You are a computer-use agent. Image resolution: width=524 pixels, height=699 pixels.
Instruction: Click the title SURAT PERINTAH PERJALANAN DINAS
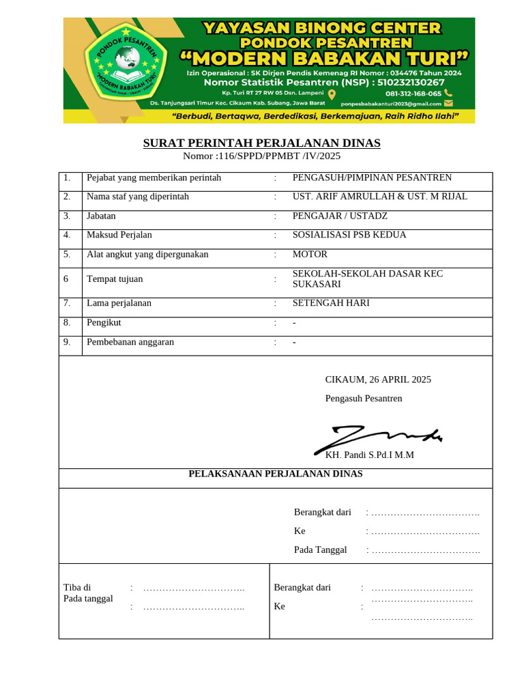pyautogui.click(x=261, y=143)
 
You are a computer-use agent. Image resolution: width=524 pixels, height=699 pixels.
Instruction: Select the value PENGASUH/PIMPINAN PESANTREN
pyautogui.click(x=372, y=178)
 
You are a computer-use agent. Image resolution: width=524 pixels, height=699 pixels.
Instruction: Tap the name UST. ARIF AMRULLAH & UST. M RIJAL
pyautogui.click(x=380, y=197)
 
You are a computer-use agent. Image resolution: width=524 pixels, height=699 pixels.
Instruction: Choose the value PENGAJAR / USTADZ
pyautogui.click(x=340, y=216)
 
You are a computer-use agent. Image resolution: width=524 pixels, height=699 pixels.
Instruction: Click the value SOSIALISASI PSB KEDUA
pyautogui.click(x=349, y=235)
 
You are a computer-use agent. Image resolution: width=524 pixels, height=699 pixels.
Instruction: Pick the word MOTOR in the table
pyautogui.click(x=310, y=255)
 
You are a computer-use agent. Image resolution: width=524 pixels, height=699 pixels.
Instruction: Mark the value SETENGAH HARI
pyautogui.click(x=331, y=303)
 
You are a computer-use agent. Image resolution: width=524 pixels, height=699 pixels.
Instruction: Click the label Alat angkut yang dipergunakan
pyautogui.click(x=147, y=255)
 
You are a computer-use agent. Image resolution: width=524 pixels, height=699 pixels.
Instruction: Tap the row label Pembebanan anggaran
pyautogui.click(x=130, y=342)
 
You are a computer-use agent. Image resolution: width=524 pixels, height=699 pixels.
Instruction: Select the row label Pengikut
pyautogui.click(x=104, y=322)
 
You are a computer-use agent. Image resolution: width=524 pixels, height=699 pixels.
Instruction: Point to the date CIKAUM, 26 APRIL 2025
pyautogui.click(x=378, y=380)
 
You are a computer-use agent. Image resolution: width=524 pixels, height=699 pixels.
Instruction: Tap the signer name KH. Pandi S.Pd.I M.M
pyautogui.click(x=369, y=455)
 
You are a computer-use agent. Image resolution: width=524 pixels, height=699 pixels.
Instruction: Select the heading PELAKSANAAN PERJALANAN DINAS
pyautogui.click(x=276, y=474)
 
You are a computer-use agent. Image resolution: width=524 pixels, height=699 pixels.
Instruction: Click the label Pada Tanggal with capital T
pyautogui.click(x=320, y=550)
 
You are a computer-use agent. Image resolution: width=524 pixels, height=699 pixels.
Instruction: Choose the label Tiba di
pyautogui.click(x=77, y=587)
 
